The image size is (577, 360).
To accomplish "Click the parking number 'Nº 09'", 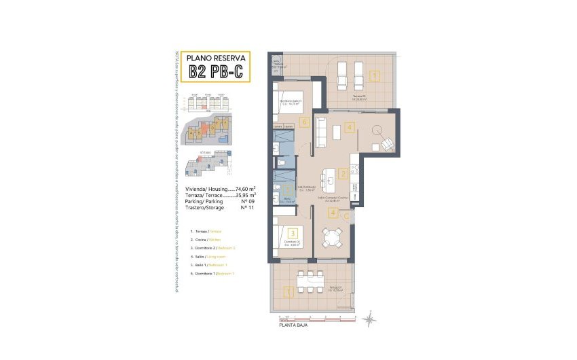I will pos(248,202).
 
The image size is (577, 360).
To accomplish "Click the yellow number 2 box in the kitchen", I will pos(343,174).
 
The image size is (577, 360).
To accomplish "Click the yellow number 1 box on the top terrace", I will pos(375,75).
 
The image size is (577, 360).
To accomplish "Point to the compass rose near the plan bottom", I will pos(370,317).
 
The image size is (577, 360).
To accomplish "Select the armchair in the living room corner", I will pos(386,144).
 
